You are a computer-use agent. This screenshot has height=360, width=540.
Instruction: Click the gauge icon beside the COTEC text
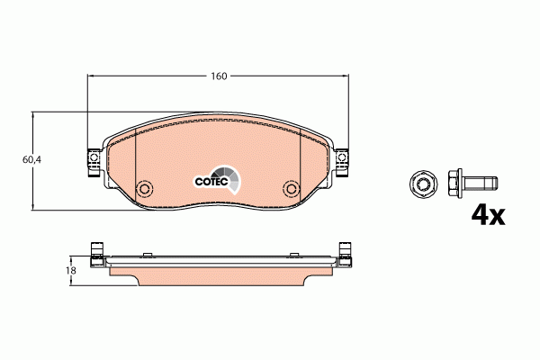coord(231,179)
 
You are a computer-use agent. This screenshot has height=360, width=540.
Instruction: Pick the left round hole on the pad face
coord(143,189)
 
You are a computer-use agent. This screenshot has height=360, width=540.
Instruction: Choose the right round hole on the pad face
coord(290,189)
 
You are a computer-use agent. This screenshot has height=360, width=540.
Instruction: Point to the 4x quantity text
coord(489,215)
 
